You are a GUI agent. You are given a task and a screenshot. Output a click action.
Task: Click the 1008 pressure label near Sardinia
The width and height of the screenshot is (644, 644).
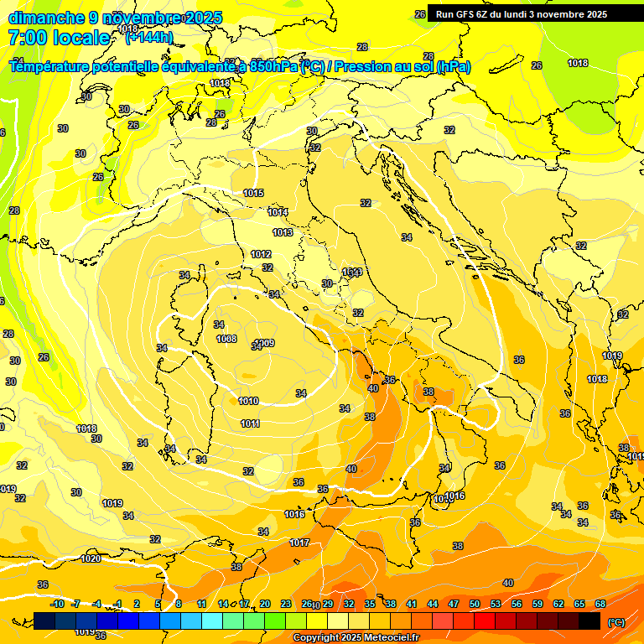226,339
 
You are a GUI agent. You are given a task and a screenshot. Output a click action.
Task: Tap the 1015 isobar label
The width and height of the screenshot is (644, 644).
254,194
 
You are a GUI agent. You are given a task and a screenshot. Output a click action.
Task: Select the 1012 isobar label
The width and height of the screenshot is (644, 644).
261,254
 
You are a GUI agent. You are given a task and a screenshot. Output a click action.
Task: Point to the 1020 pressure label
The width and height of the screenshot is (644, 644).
91,558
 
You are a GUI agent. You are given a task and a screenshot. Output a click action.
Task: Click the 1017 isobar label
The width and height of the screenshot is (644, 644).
300,543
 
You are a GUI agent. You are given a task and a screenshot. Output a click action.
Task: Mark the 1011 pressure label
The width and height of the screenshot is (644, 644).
250,423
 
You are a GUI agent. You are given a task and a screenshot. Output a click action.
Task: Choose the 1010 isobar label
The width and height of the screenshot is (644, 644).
248,401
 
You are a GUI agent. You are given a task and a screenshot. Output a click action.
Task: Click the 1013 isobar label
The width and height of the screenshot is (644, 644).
283,232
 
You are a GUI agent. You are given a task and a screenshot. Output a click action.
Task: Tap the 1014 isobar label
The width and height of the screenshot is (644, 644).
278,212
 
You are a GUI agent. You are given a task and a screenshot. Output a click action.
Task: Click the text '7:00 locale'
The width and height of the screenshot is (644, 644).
59,38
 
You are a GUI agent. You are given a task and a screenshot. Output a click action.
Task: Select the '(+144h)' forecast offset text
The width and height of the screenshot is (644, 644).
148,38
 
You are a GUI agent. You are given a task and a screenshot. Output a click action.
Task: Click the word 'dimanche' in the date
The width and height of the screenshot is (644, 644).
47,18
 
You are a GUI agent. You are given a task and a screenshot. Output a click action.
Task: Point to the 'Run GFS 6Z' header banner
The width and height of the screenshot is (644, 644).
521,14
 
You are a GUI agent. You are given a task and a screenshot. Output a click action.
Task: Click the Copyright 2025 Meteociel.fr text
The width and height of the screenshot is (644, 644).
356,637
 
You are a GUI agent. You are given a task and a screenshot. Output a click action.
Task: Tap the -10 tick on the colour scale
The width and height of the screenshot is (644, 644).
57,604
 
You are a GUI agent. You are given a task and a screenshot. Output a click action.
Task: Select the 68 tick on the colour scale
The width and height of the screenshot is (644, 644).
600,604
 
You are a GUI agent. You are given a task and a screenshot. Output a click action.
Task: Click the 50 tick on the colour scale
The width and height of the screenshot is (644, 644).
475,604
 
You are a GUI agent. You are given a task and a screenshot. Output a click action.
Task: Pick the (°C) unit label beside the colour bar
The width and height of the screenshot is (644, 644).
616,621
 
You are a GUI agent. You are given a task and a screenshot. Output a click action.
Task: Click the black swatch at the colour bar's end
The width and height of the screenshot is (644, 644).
589,621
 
